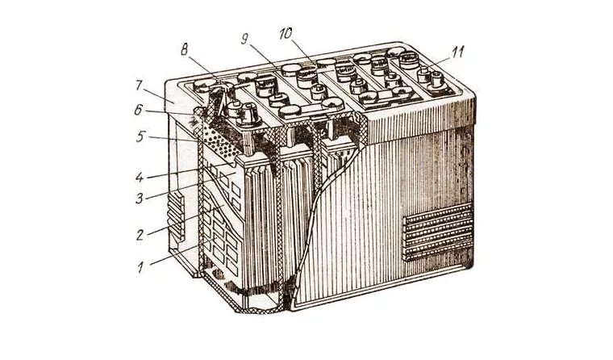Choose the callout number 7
(x=140, y=84)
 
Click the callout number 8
(x=186, y=49)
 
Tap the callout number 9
(x=244, y=37)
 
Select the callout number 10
(x=286, y=34)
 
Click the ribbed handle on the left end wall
(x=171, y=218)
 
